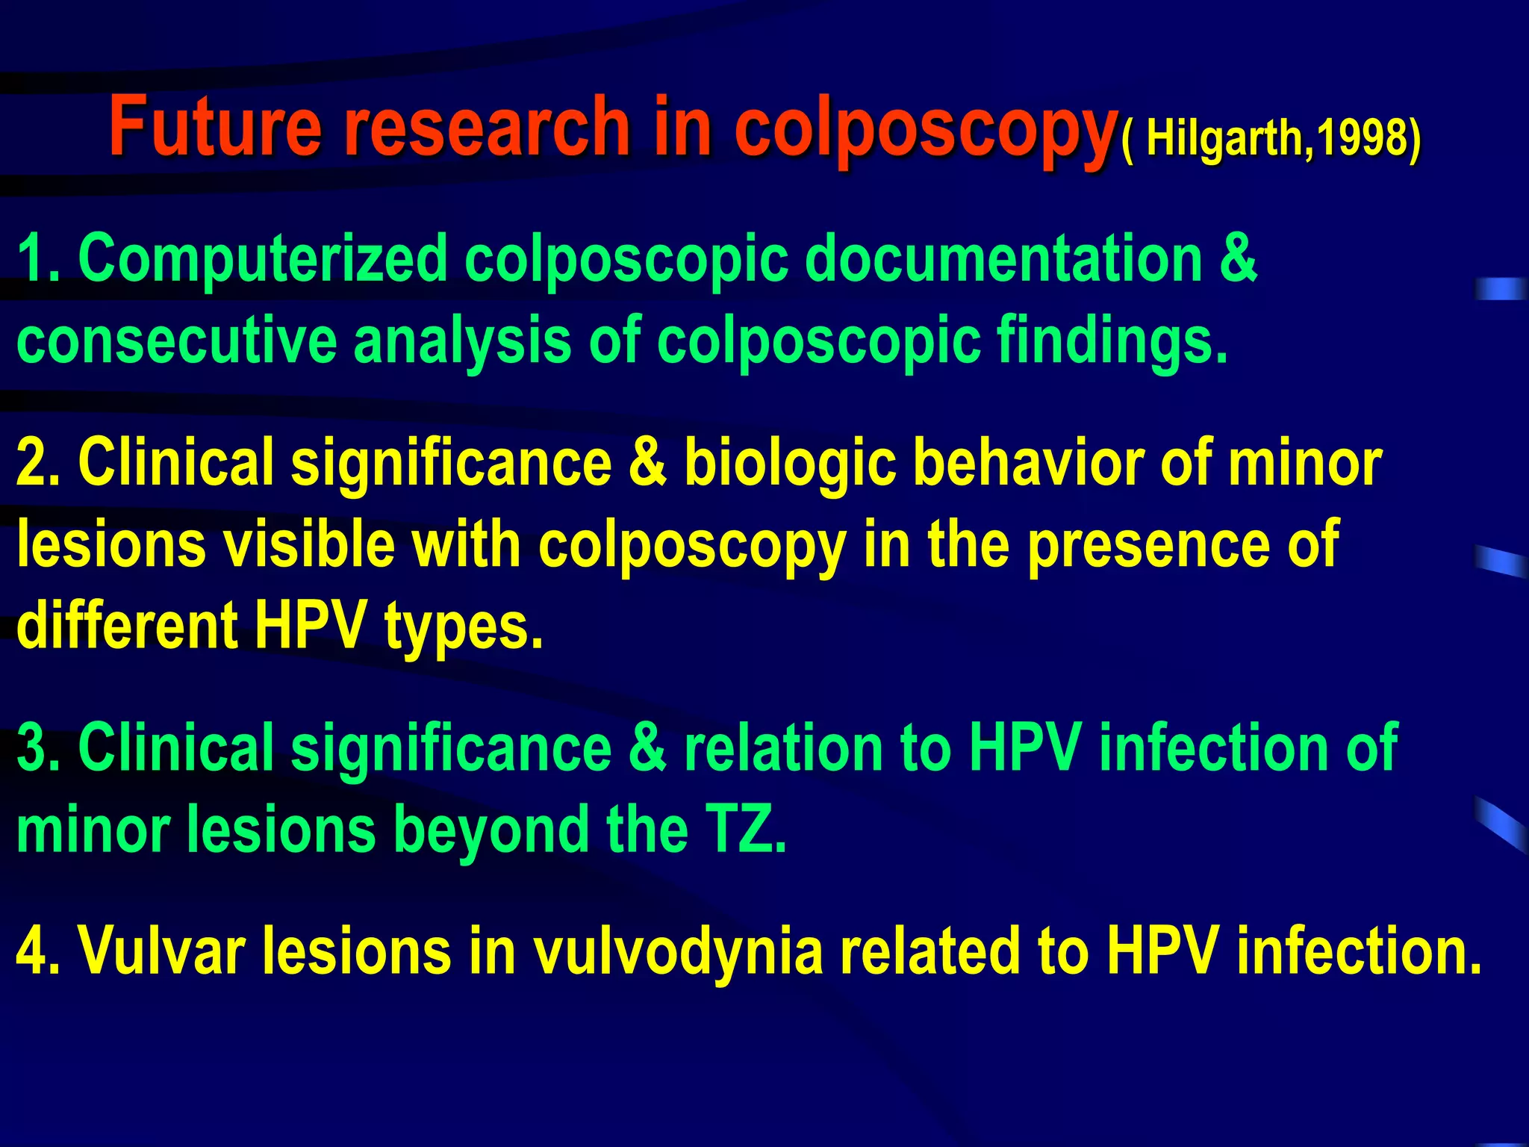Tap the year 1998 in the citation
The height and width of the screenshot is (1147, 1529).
click(x=1360, y=138)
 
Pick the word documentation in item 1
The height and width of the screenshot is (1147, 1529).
click(x=1003, y=258)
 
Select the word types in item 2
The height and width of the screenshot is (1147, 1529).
click(x=463, y=627)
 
